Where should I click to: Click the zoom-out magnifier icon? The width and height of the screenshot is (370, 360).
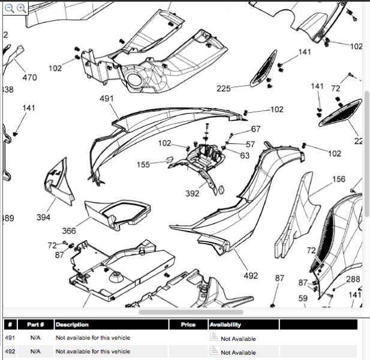10,8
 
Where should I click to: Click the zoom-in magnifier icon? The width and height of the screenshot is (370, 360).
21,8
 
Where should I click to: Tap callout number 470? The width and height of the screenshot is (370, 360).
29,77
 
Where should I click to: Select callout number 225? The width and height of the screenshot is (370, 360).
224,89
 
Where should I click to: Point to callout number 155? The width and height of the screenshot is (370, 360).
144,165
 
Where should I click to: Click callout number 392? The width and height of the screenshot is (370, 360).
192,194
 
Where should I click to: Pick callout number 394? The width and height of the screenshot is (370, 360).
43,217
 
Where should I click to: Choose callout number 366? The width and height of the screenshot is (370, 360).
69,231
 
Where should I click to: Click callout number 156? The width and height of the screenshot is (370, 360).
339,179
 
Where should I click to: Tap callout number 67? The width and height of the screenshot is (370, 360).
256,129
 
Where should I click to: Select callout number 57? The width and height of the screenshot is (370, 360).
250,145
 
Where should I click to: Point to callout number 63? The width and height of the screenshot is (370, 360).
245,155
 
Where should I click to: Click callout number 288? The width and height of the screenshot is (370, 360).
353,279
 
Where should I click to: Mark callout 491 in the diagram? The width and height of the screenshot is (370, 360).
107,98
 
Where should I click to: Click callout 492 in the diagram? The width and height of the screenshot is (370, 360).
251,275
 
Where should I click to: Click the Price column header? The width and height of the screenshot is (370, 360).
188,325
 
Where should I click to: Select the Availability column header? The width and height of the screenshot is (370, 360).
225,325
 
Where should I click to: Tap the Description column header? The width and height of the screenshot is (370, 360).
72,325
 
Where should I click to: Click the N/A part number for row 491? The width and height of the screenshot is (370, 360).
35,338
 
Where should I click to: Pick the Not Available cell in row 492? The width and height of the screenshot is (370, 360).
238,353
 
